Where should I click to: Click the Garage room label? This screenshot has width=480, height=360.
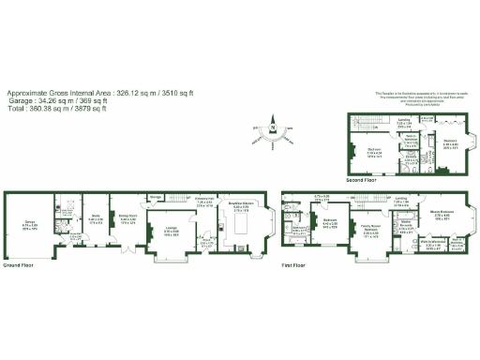pyautogui.click(x=18, y=221)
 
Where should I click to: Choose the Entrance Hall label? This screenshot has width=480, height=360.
pyautogui.click(x=204, y=199)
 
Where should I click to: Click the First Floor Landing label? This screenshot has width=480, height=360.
pyautogui.click(x=401, y=199)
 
